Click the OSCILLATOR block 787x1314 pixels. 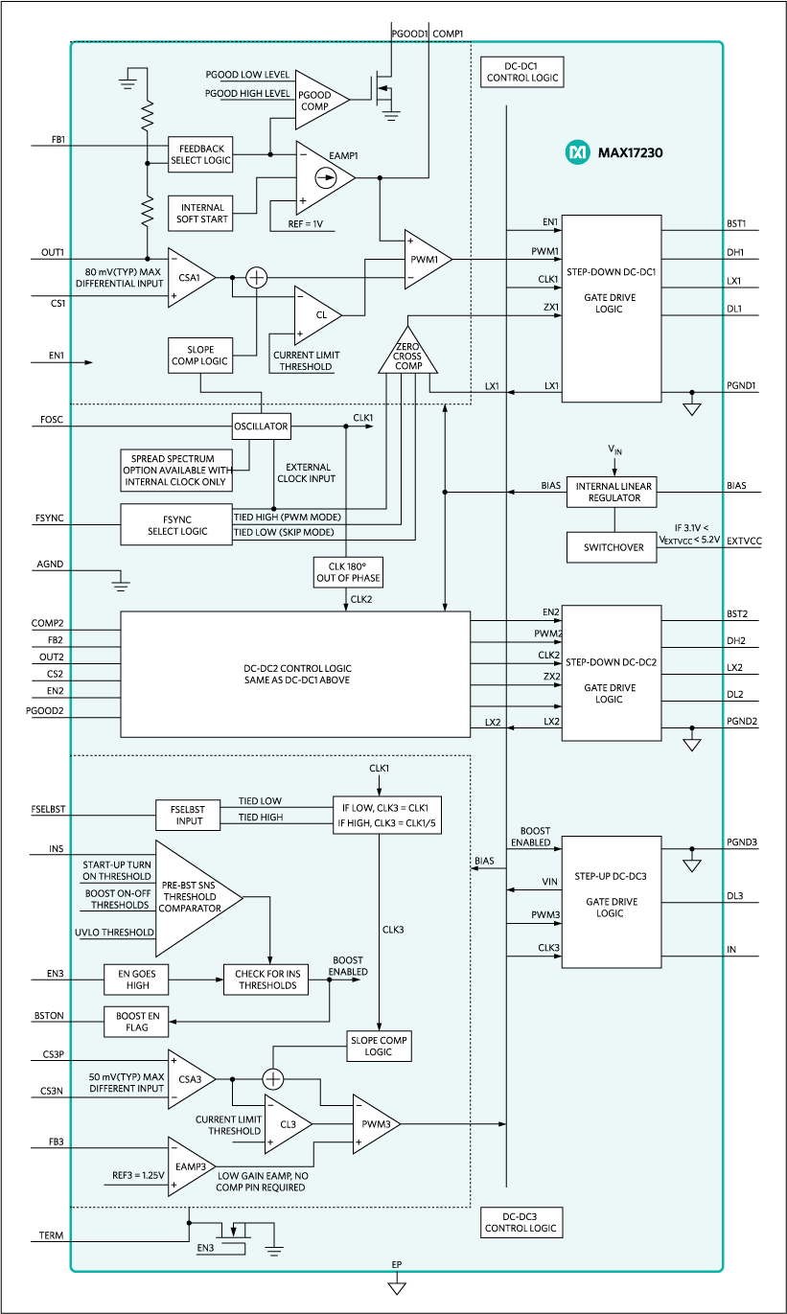261,426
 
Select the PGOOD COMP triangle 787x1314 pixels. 316,100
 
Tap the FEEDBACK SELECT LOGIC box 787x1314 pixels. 200,153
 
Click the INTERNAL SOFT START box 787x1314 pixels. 200,213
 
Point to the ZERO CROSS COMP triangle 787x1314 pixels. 408,355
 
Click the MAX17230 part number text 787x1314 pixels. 630,152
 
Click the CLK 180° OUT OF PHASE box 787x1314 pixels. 347,572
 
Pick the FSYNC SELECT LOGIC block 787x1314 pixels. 176,524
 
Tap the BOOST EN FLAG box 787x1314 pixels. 136,1022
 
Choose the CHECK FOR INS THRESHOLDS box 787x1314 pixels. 266,979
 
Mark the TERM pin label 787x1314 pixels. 52,1235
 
